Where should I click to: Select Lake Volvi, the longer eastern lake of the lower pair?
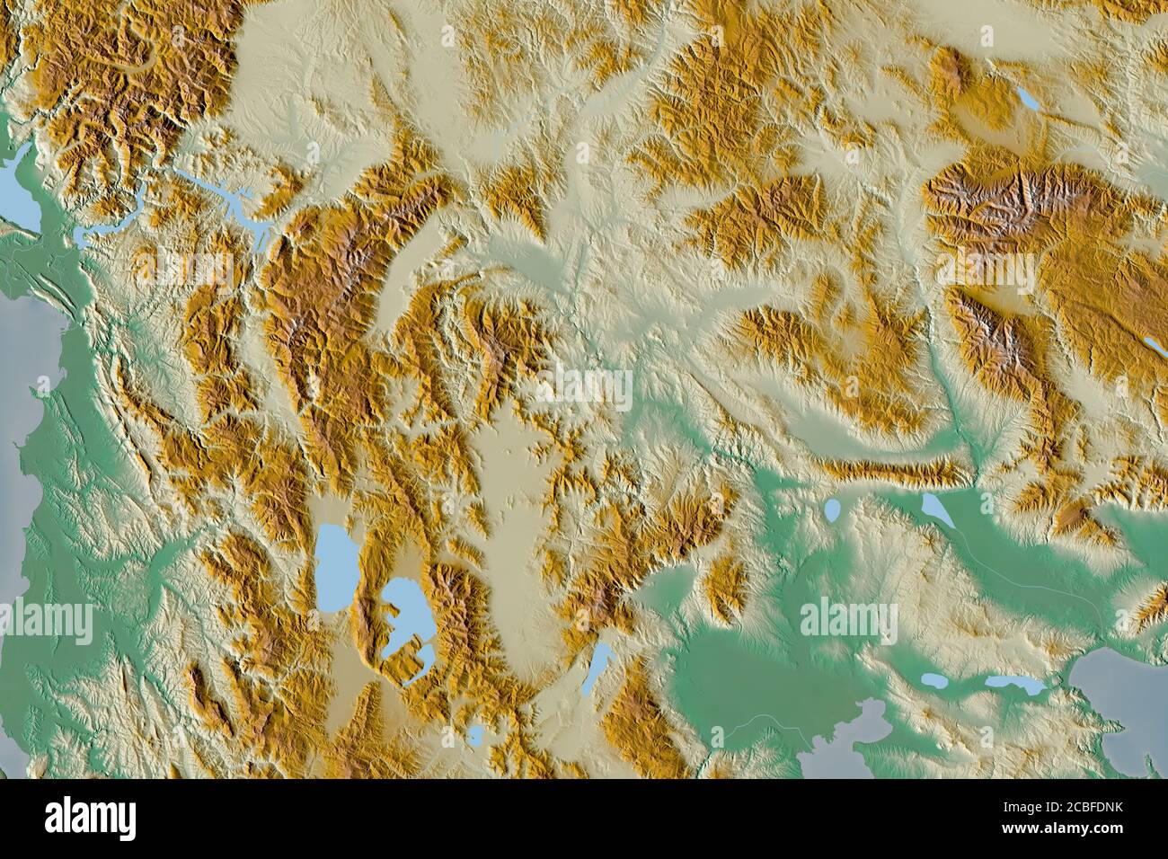coord(1015,685)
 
